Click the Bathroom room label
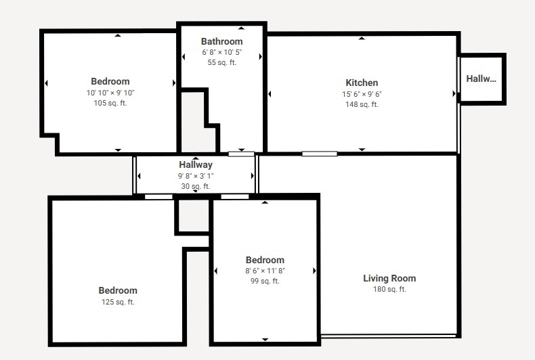(221, 41)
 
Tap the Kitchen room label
(362, 83)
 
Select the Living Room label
(389, 279)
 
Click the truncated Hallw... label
(481, 78)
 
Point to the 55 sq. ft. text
(221, 63)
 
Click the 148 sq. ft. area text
(362, 105)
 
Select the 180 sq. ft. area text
(389, 290)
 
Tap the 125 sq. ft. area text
(118, 302)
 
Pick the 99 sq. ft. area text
(265, 282)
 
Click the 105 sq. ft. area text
(110, 103)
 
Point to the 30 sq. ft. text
(196, 187)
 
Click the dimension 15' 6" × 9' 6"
(362, 94)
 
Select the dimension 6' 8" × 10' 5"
(221, 52)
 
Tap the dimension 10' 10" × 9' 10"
(110, 93)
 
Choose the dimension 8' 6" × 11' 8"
(265, 271)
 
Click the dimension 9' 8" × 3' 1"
(196, 176)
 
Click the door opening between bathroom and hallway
(241, 154)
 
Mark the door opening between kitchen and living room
(320, 154)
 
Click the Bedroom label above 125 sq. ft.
(118, 290)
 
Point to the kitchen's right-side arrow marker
(454, 93)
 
